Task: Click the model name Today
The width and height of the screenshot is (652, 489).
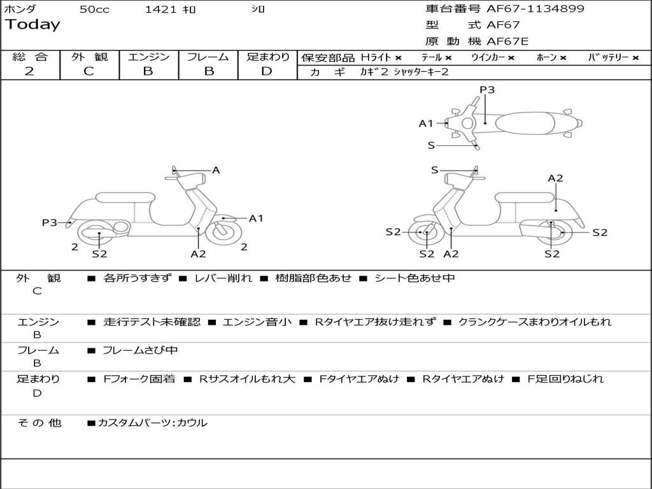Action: tap(32, 25)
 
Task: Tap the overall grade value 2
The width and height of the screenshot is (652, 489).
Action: tap(29, 71)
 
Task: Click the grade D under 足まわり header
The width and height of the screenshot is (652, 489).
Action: tap(267, 71)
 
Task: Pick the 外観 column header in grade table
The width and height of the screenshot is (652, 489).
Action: tap(89, 57)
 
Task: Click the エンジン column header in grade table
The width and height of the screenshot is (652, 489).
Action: tap(148, 57)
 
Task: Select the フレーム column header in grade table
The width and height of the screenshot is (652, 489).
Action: tap(208, 57)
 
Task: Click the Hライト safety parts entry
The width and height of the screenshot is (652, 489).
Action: tap(381, 57)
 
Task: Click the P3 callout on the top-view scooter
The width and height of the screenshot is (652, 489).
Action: tap(487, 90)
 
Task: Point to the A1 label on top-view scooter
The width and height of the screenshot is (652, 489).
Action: tap(426, 124)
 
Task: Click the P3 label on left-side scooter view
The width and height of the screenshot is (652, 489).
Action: tap(50, 222)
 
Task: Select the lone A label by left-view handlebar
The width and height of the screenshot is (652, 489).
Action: tap(216, 170)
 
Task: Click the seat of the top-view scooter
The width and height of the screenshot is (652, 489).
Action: tap(528, 122)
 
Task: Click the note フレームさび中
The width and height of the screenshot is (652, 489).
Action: tap(140, 350)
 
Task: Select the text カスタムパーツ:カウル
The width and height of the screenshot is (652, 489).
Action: tap(152, 423)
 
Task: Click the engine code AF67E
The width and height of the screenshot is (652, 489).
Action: tap(507, 41)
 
